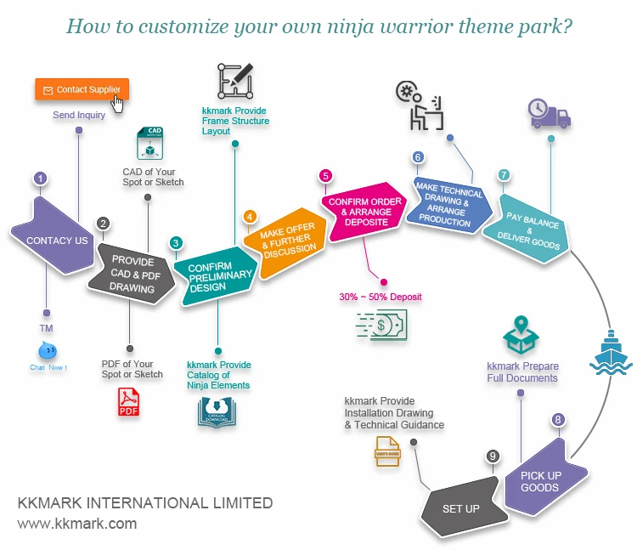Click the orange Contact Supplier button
coord(82,89)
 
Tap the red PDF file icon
coord(128,400)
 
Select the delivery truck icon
coord(550,113)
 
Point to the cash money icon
coord(381,324)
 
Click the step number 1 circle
coord(40,179)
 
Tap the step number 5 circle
coord(325,176)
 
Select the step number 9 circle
coord(492,456)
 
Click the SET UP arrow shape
coord(459,507)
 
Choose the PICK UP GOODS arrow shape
coord(541,480)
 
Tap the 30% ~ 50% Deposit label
coord(381,297)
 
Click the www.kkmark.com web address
coord(77,524)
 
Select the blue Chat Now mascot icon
coord(48,350)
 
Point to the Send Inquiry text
coord(79,115)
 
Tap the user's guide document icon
coord(387,451)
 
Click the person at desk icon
coord(420,106)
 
